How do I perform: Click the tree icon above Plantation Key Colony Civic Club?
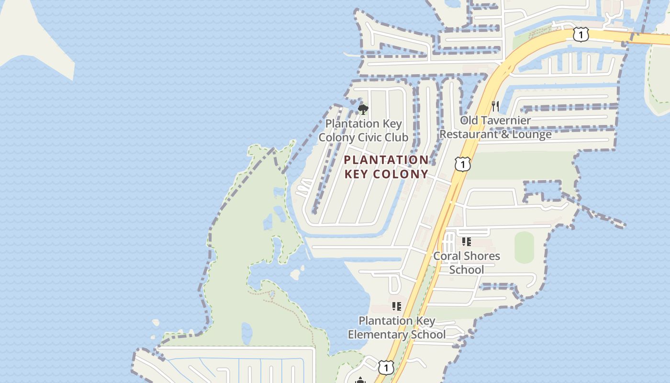tap(363, 110)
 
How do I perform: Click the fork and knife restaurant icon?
tap(495, 106)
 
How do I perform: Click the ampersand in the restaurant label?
tap(504, 135)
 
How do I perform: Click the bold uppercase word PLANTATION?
tap(386, 160)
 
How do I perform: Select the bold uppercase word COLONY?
tap(401, 174)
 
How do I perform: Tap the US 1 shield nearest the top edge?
tap(581, 34)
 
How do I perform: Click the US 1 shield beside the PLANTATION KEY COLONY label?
tap(462, 164)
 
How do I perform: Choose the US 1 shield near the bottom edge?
tap(386, 368)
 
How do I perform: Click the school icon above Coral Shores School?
tap(467, 242)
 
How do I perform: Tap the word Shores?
tap(481, 256)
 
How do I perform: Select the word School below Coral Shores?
tap(467, 270)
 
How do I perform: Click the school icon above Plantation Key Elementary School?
tap(396, 306)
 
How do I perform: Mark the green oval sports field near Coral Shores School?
tap(524, 248)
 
